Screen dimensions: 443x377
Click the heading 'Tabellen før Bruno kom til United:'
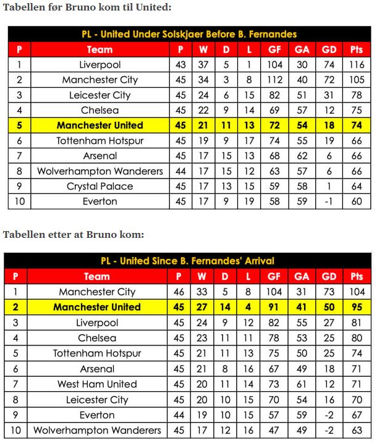click(87, 7)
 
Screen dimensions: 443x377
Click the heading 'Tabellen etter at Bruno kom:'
click(74, 235)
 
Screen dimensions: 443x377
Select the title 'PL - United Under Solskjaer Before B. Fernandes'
click(189, 35)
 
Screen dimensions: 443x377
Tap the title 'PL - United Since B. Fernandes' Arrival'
click(187, 261)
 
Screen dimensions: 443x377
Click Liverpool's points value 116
click(357, 65)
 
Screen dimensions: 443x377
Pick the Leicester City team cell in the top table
click(100, 95)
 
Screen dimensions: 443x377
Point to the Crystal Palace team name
click(100, 187)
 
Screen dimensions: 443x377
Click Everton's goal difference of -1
click(329, 201)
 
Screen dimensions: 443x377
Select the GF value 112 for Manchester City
click(274, 80)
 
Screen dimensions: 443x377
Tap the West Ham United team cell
click(97, 384)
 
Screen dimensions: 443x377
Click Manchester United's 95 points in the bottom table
click(357, 307)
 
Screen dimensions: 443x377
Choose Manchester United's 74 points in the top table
click(357, 125)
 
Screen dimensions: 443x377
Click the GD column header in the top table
click(329, 49)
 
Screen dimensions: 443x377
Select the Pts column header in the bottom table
click(357, 276)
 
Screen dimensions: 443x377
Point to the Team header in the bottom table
click(97, 276)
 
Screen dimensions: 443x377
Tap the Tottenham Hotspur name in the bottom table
click(97, 353)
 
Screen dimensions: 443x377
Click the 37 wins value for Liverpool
click(203, 65)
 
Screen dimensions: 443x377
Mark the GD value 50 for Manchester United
click(329, 307)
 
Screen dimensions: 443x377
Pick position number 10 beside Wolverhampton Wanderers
click(15, 430)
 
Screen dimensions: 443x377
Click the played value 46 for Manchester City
click(179, 292)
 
